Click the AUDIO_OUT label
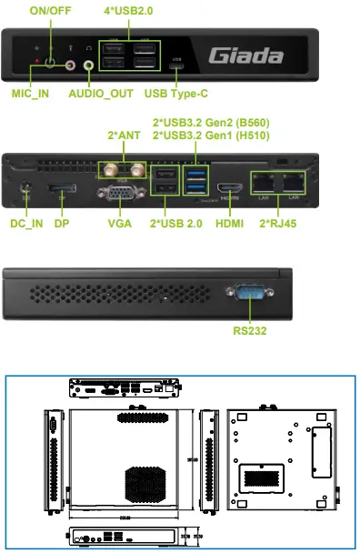pyautogui.click(x=103, y=94)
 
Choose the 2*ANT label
pyautogui.click(x=125, y=136)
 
